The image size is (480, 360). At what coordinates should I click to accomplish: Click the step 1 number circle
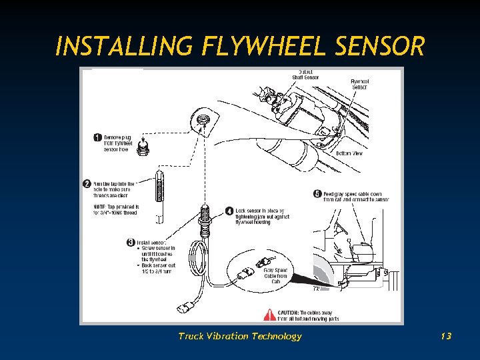coord(97,138)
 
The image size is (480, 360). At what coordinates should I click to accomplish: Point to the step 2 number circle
coord(87,183)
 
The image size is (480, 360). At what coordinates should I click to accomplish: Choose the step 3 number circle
coord(131,242)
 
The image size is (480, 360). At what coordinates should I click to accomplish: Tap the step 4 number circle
coord(229,211)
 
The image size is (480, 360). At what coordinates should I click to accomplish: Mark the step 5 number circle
coord(317,194)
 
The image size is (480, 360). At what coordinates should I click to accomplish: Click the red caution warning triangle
coord(270,314)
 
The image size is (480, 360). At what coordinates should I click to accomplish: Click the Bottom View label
coord(349,153)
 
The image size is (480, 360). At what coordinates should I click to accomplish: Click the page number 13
coord(446,336)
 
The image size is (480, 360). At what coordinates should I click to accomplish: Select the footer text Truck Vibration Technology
coord(239,336)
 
